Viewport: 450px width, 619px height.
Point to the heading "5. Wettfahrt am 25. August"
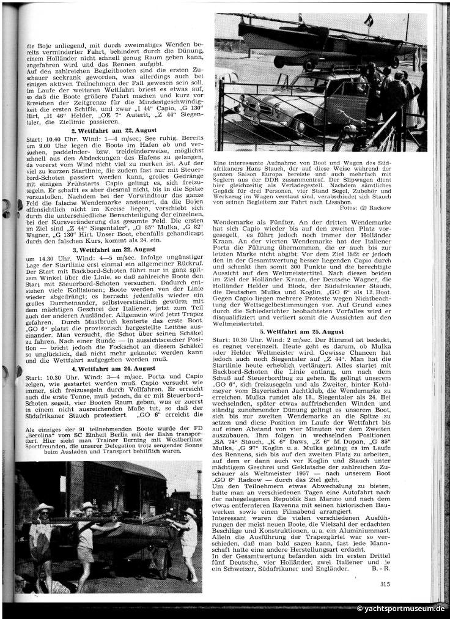(319, 331)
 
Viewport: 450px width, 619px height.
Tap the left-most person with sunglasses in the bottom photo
(43, 532)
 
